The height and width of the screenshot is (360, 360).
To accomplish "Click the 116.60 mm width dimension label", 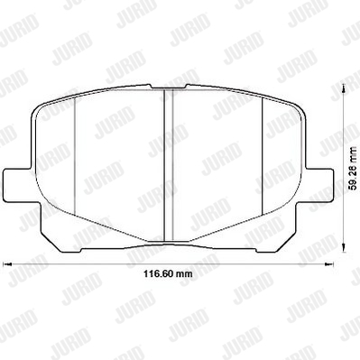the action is (x=168, y=273).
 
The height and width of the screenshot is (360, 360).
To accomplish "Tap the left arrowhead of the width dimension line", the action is (x=7, y=264).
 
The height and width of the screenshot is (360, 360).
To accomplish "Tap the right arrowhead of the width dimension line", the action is (x=329, y=264).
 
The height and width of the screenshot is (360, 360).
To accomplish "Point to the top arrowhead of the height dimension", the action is (x=344, y=89).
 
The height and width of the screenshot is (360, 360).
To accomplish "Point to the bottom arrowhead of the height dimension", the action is (x=344, y=247).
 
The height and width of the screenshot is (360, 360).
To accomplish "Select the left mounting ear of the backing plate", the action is (x=19, y=184).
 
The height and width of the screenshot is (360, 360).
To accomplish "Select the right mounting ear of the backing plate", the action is (x=318, y=184).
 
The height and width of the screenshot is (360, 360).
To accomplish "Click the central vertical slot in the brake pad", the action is (x=169, y=165).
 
